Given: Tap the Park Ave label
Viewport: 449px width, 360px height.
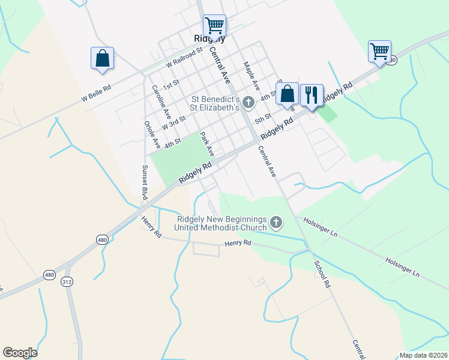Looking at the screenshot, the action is pos(206,145).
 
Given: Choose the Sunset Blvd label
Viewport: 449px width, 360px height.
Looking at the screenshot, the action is pos(145,182).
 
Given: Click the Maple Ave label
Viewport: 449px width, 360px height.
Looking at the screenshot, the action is pos(251,74).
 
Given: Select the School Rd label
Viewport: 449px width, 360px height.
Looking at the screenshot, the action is pos(323,273).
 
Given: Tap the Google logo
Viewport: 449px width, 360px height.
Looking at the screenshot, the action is pos(20,353).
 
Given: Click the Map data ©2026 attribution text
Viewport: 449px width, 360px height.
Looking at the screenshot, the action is pos(423,355).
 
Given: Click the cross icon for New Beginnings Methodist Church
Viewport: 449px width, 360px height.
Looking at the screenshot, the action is pos(276,223).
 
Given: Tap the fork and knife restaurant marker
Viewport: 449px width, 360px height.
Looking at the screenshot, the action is pos(312,94).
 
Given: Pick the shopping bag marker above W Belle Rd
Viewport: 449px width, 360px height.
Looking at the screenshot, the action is pos(102,58).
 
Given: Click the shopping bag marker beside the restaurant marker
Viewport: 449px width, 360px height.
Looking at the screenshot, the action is pos(288,93).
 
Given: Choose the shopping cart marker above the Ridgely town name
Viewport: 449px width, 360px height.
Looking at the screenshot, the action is pos(214,25).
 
